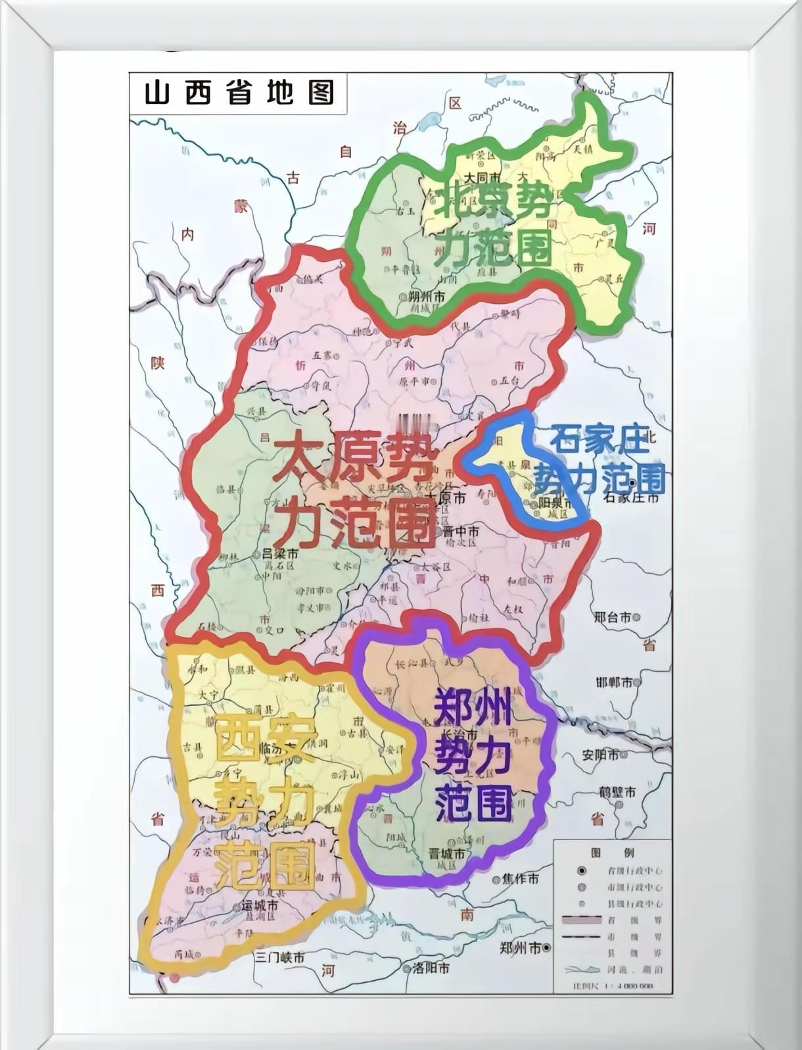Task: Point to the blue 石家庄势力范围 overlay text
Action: pyautogui.click(x=598, y=461)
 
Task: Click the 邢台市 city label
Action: pyautogui.click(x=612, y=617)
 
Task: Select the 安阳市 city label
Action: pyautogui.click(x=600, y=755)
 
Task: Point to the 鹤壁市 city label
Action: pyautogui.click(x=617, y=793)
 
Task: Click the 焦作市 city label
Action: pyautogui.click(x=520, y=879)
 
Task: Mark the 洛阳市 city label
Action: pyautogui.click(x=431, y=968)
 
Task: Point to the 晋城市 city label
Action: pyautogui.click(x=446, y=854)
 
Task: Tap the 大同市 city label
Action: pyautogui.click(x=483, y=178)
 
